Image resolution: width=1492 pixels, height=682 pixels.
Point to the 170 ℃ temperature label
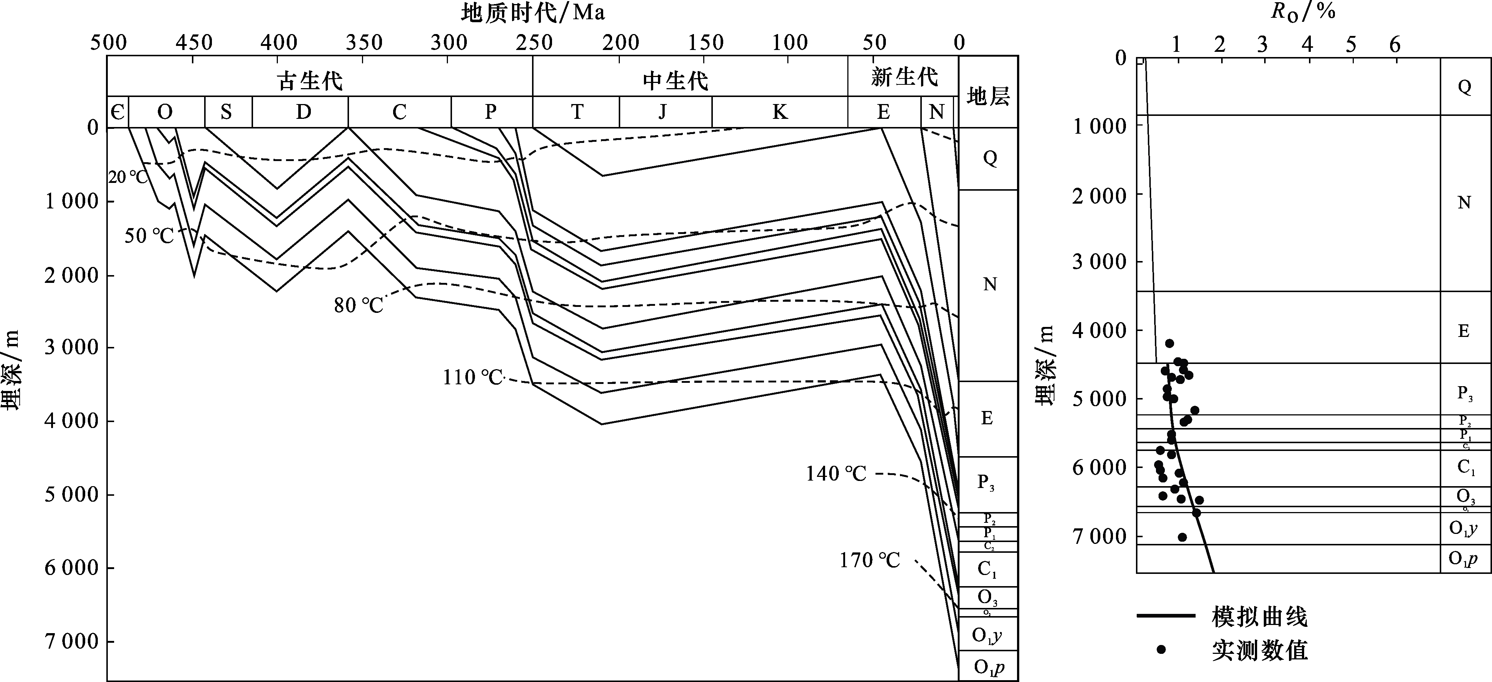pyautogui.click(x=870, y=561)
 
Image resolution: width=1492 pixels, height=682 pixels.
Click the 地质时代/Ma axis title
pyautogui.click(x=533, y=12)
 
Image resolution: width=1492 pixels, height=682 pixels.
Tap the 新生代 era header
pyautogui.click(x=904, y=77)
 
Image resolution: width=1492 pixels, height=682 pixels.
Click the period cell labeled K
pyautogui.click(x=780, y=112)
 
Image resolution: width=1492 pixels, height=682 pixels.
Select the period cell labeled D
pyautogui.click(x=303, y=112)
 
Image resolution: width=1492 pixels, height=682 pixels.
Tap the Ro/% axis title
pyautogui.click(x=1303, y=11)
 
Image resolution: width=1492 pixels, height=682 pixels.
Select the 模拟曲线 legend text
pyautogui.click(x=1260, y=617)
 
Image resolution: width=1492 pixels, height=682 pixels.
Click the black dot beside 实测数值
pyautogui.click(x=1161, y=649)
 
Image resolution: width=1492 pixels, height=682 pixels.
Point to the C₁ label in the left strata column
pyautogui.click(x=987, y=569)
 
